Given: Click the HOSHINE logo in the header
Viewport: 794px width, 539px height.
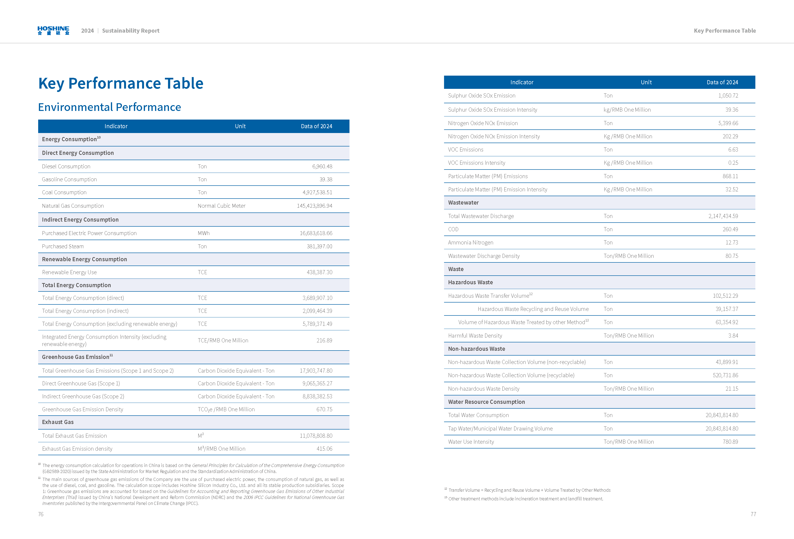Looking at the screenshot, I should click(53, 30).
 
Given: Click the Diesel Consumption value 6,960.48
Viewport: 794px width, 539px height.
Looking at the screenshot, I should click(322, 166).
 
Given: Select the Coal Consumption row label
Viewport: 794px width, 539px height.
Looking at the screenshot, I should click(64, 192).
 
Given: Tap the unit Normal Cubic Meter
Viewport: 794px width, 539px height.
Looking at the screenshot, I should click(221, 206).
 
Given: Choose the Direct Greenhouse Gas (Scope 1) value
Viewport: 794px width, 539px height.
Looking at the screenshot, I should click(317, 383).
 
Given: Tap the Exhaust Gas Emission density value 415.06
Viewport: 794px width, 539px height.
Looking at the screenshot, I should click(324, 449).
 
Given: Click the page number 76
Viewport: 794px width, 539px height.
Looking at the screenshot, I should click(41, 514).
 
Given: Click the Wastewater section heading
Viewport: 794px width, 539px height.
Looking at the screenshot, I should click(463, 203).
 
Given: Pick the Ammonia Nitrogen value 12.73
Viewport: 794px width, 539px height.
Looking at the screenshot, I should click(732, 243).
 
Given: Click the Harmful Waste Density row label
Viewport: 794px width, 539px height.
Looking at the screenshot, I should click(475, 336).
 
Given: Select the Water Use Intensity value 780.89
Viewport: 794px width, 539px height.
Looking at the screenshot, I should click(730, 442).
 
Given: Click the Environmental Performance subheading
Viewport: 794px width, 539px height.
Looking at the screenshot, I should click(109, 107).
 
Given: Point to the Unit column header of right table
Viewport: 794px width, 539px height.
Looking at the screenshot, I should click(646, 82).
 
